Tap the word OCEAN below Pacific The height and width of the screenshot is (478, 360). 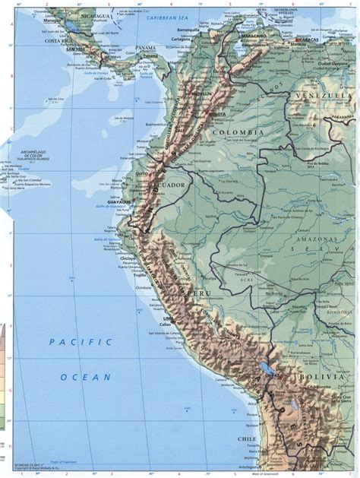86,376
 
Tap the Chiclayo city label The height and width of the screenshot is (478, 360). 128,259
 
